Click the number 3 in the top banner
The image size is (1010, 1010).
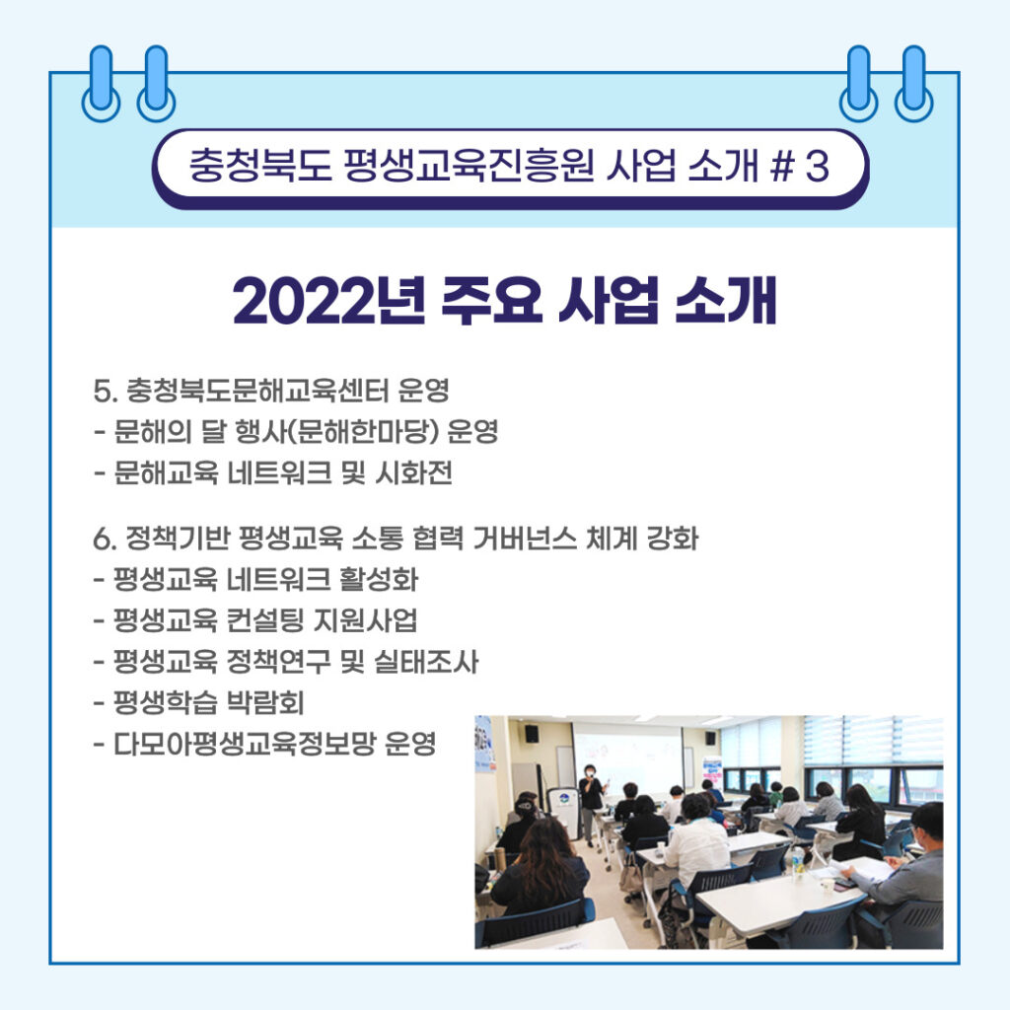(x=816, y=166)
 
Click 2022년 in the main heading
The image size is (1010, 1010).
(x=329, y=300)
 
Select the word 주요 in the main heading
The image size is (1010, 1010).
(x=492, y=300)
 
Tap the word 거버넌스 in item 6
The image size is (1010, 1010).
(x=525, y=539)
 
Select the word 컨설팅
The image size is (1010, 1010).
(x=264, y=620)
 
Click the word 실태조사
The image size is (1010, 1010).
(x=426, y=662)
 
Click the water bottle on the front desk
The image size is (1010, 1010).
(x=799, y=862)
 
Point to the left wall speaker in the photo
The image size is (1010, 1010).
(x=532, y=733)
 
